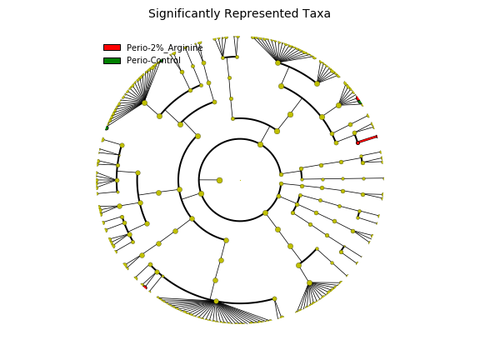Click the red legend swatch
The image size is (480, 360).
[112, 47]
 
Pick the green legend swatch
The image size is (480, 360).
[112, 61]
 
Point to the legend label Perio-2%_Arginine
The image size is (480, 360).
[165, 47]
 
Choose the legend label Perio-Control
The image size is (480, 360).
[153, 60]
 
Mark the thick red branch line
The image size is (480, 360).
[367, 140]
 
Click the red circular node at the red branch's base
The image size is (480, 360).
[357, 143]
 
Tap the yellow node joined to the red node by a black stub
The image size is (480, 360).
[354, 133]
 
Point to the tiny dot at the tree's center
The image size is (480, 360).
[240, 180]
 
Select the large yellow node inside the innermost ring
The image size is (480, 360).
[219, 180]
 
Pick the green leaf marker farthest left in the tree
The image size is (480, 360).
[107, 128]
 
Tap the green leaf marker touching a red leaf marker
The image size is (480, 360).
[360, 102]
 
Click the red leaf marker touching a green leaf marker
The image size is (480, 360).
[357, 98]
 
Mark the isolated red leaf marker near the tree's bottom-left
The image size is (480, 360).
[145, 287]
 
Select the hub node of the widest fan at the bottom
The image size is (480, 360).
[216, 301]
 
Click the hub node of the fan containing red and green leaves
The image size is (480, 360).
[338, 105]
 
